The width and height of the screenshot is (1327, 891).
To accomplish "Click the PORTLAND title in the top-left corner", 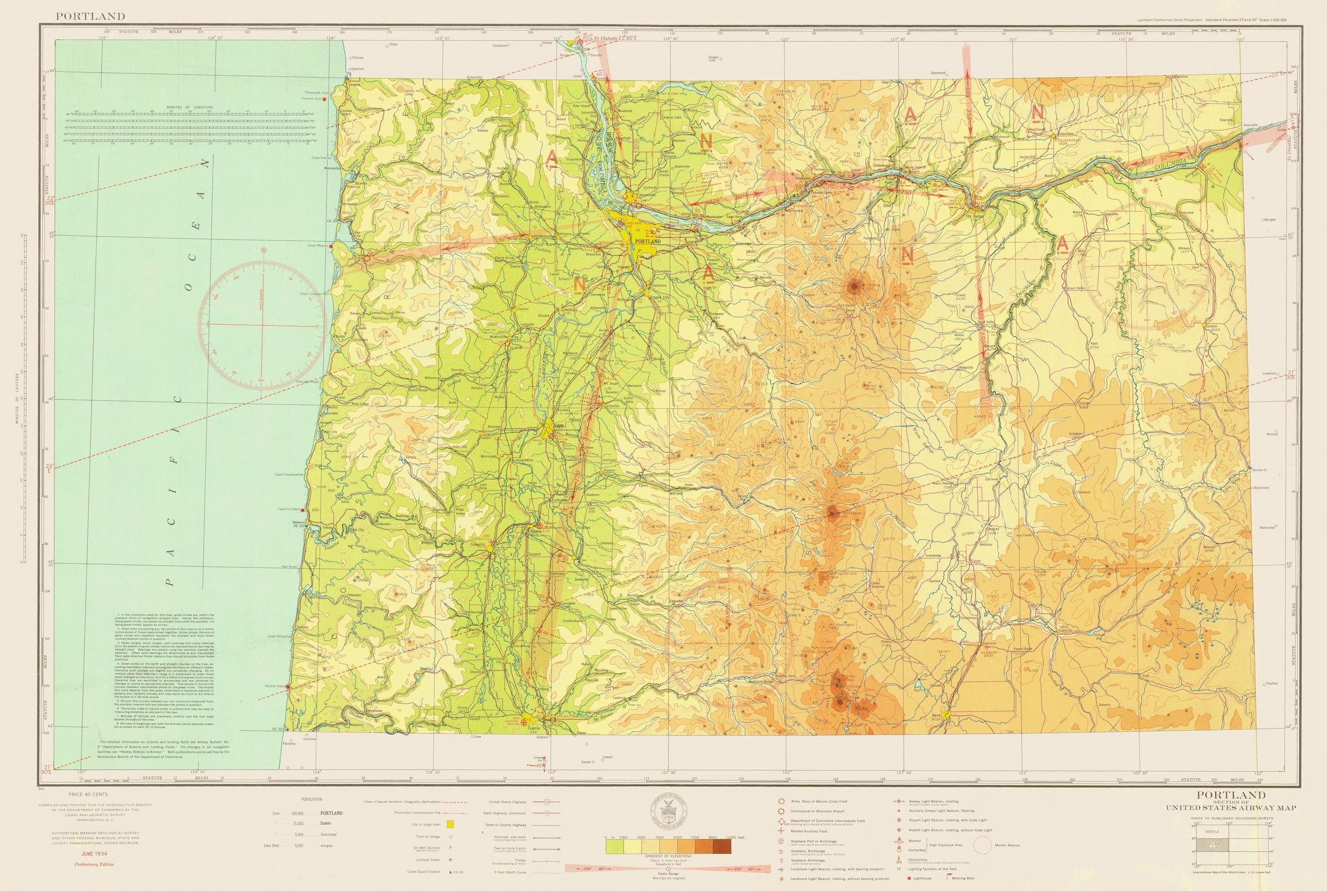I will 90,16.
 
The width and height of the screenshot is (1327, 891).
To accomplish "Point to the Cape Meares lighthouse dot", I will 332,246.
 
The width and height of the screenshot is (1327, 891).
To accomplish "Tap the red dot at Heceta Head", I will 287,688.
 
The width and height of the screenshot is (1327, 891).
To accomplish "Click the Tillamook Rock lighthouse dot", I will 324,99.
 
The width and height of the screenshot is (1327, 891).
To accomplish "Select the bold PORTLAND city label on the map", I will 647,241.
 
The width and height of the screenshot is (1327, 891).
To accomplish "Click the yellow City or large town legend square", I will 450,824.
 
